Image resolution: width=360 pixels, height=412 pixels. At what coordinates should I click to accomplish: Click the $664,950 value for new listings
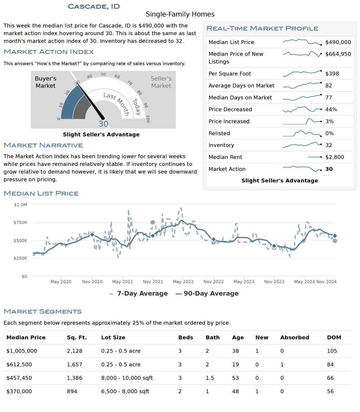pos(338,54)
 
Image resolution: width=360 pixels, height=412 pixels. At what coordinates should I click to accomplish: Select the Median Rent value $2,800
pos(334,157)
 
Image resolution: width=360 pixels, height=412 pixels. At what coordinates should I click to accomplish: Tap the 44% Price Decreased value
pos(332,110)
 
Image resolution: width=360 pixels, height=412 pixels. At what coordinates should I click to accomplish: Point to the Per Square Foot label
pos(230,74)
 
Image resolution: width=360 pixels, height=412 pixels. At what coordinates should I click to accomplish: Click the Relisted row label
pos(219,133)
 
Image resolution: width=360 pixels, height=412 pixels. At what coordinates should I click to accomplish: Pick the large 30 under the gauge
pos(103,124)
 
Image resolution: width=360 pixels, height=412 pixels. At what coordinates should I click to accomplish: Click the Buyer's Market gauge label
pos(45,82)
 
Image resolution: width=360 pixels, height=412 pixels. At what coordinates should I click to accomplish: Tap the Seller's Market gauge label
pos(161,82)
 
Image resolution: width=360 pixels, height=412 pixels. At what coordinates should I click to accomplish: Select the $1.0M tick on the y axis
pos(20,205)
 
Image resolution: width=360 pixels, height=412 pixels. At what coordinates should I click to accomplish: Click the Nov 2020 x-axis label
pos(92,282)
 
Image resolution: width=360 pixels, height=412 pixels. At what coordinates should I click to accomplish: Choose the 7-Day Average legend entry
pos(139,294)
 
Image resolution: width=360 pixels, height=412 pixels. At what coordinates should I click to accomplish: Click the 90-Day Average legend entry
pos(207,294)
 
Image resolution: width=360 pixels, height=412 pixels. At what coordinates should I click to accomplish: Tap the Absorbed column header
pos(294,338)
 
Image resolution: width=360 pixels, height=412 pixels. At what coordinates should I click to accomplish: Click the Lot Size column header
pos(113,338)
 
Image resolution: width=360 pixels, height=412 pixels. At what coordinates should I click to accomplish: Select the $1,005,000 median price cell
pos(22,351)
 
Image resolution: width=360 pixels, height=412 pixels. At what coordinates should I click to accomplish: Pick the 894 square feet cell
pos(72,392)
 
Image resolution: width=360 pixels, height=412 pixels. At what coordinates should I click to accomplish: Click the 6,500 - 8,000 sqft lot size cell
pos(125,392)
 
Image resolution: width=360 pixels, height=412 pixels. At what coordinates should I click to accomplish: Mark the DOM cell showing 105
pos(332,351)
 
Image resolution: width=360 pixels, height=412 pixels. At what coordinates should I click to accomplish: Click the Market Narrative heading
pos(43,145)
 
